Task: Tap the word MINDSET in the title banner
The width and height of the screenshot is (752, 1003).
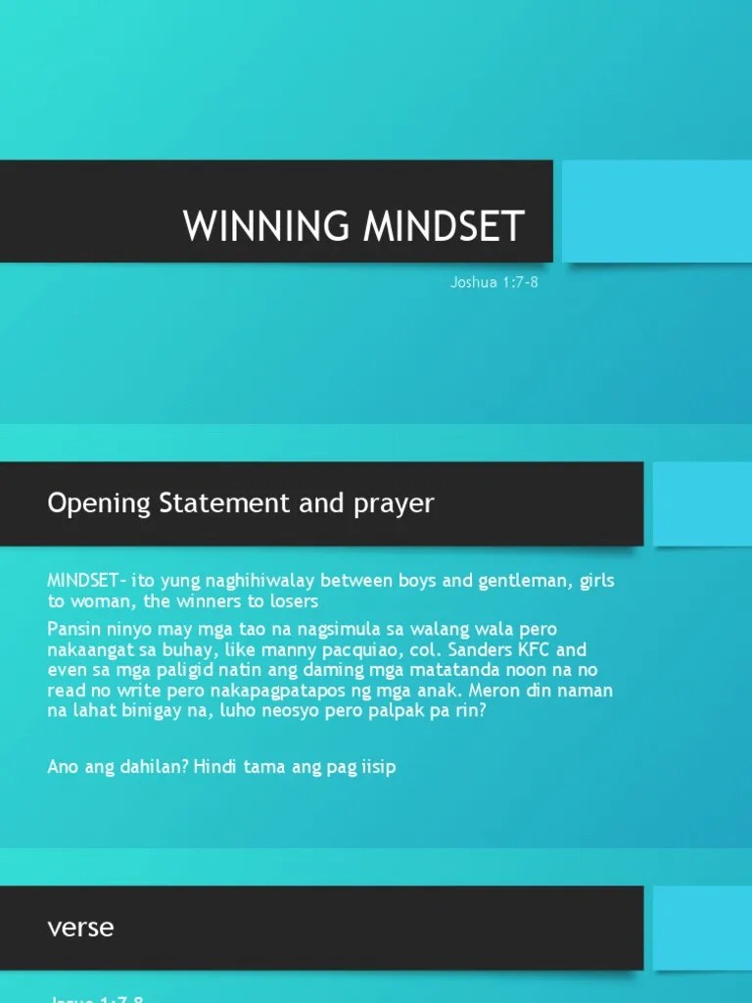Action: pos(444,226)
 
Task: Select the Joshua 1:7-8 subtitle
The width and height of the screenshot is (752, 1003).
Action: pos(493,283)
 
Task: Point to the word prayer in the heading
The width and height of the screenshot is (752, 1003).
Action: pos(394,503)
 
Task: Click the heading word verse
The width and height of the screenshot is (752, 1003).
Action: pos(80,926)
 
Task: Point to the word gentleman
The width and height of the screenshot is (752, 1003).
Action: pos(525,581)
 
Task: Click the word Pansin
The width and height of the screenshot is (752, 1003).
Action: pos(72,629)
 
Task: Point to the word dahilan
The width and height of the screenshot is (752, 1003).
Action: pos(143,767)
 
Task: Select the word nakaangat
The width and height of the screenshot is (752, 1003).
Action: pos(90,649)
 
